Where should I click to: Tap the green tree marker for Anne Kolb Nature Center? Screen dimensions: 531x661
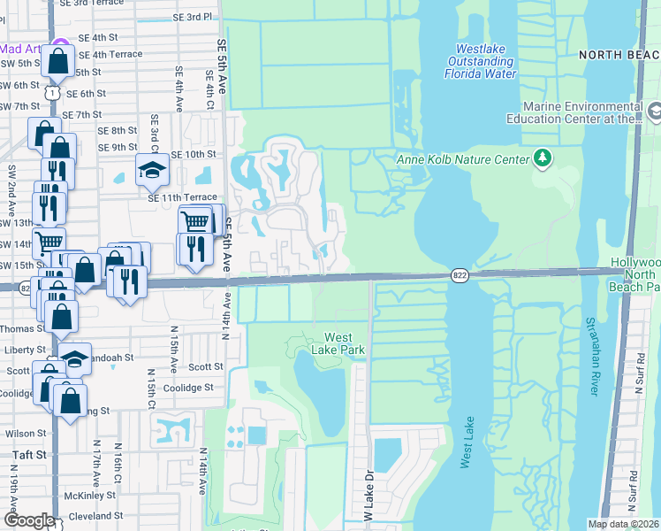tap(543, 159)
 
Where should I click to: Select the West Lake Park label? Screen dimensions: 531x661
tap(344, 343)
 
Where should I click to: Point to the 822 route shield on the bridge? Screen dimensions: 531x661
tap(460, 275)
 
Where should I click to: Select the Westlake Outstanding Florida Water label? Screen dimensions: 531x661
tap(485, 62)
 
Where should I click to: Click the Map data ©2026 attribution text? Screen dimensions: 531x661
tap(624, 524)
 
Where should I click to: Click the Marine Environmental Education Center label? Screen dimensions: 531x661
tap(574, 118)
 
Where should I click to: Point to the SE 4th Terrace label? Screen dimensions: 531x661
tap(110, 54)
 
